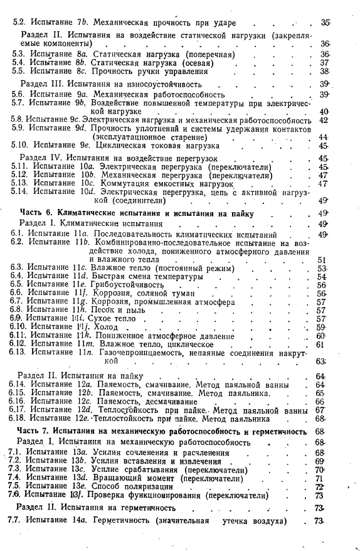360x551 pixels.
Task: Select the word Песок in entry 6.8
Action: [104, 310]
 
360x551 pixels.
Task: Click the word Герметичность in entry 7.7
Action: [124, 522]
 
